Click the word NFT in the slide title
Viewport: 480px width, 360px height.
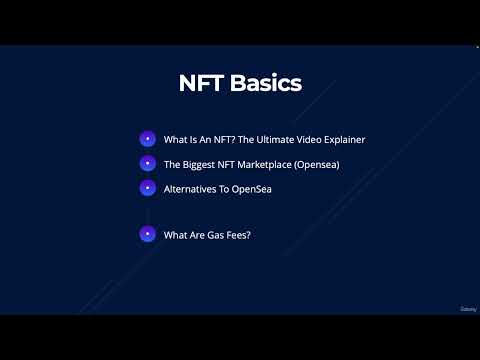(x=201, y=83)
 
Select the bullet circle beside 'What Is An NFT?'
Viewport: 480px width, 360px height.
(x=147, y=139)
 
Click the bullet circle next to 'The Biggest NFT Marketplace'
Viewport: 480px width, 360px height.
(x=147, y=163)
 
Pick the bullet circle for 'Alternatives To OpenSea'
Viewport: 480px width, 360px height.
(x=147, y=187)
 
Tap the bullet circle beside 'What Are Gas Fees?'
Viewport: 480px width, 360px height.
(x=147, y=234)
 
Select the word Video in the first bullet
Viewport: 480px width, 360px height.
(x=313, y=140)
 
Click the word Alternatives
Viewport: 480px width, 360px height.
(x=192, y=188)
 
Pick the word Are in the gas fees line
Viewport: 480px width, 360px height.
(x=201, y=235)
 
